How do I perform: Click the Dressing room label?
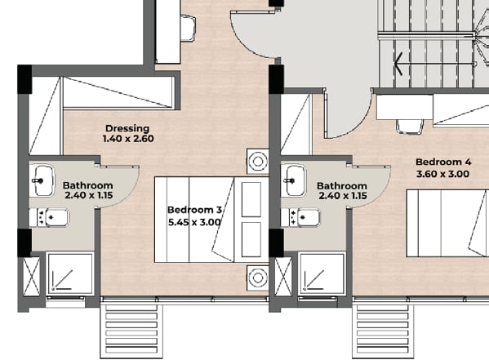click(127, 128)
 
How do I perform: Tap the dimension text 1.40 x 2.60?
click(128, 139)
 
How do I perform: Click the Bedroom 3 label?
click(194, 210)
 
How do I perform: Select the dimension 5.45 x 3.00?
click(194, 222)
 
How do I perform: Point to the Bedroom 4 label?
click(443, 162)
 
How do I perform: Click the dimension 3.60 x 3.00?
click(442, 174)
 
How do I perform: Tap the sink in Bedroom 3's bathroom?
click(42, 180)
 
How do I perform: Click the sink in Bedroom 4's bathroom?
click(294, 180)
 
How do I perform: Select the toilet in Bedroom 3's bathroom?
click(49, 217)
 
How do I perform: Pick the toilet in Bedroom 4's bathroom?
click(300, 217)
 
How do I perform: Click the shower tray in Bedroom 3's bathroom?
click(70, 273)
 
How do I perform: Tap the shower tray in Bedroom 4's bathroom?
click(322, 273)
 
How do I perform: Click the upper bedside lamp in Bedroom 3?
click(258, 162)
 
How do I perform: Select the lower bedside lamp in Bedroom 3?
click(258, 278)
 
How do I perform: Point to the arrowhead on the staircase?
click(398, 64)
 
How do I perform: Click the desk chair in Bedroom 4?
click(410, 127)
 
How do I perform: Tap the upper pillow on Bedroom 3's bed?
click(251, 199)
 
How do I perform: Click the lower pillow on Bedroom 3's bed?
click(251, 239)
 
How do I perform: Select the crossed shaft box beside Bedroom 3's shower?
click(32, 277)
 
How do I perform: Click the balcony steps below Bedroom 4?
click(383, 331)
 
